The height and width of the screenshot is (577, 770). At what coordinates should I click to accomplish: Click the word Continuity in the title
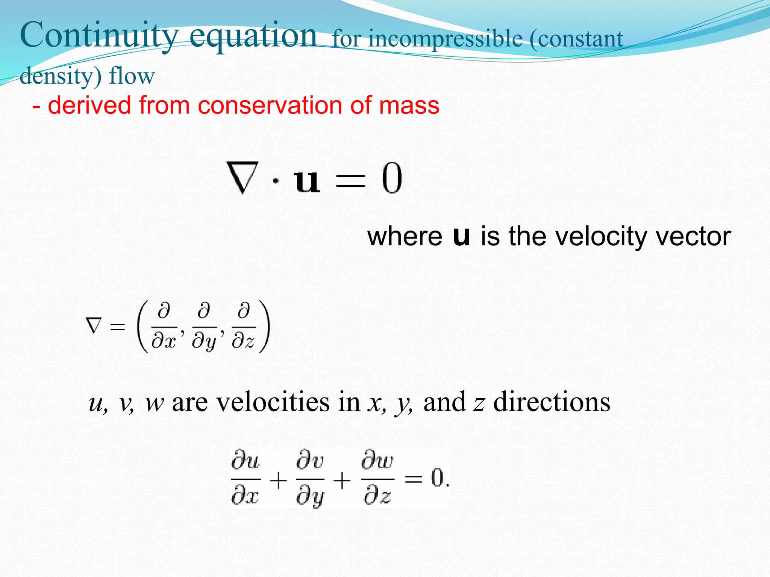click(x=99, y=35)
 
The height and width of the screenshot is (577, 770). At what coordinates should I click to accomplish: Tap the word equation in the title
click(x=253, y=36)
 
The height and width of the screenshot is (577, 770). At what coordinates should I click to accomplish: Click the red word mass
click(x=409, y=105)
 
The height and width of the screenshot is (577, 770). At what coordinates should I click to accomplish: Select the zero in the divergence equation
click(x=392, y=178)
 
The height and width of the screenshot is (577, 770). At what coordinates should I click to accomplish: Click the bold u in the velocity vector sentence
click(x=462, y=237)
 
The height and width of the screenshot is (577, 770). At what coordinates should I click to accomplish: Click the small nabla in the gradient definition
click(x=94, y=325)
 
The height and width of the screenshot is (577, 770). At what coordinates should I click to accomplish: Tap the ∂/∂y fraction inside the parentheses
click(x=204, y=327)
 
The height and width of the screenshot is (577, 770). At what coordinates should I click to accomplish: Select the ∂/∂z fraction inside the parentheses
click(x=244, y=327)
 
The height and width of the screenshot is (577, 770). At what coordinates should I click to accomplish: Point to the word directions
click(x=552, y=402)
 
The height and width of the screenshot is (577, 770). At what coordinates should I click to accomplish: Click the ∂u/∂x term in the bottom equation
click(x=246, y=479)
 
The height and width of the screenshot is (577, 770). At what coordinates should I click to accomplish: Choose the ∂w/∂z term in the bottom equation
click(x=377, y=479)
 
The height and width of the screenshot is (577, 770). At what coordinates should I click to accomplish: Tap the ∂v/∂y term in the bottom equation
click(x=310, y=479)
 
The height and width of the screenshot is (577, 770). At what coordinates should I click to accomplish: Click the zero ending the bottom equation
click(x=437, y=478)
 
